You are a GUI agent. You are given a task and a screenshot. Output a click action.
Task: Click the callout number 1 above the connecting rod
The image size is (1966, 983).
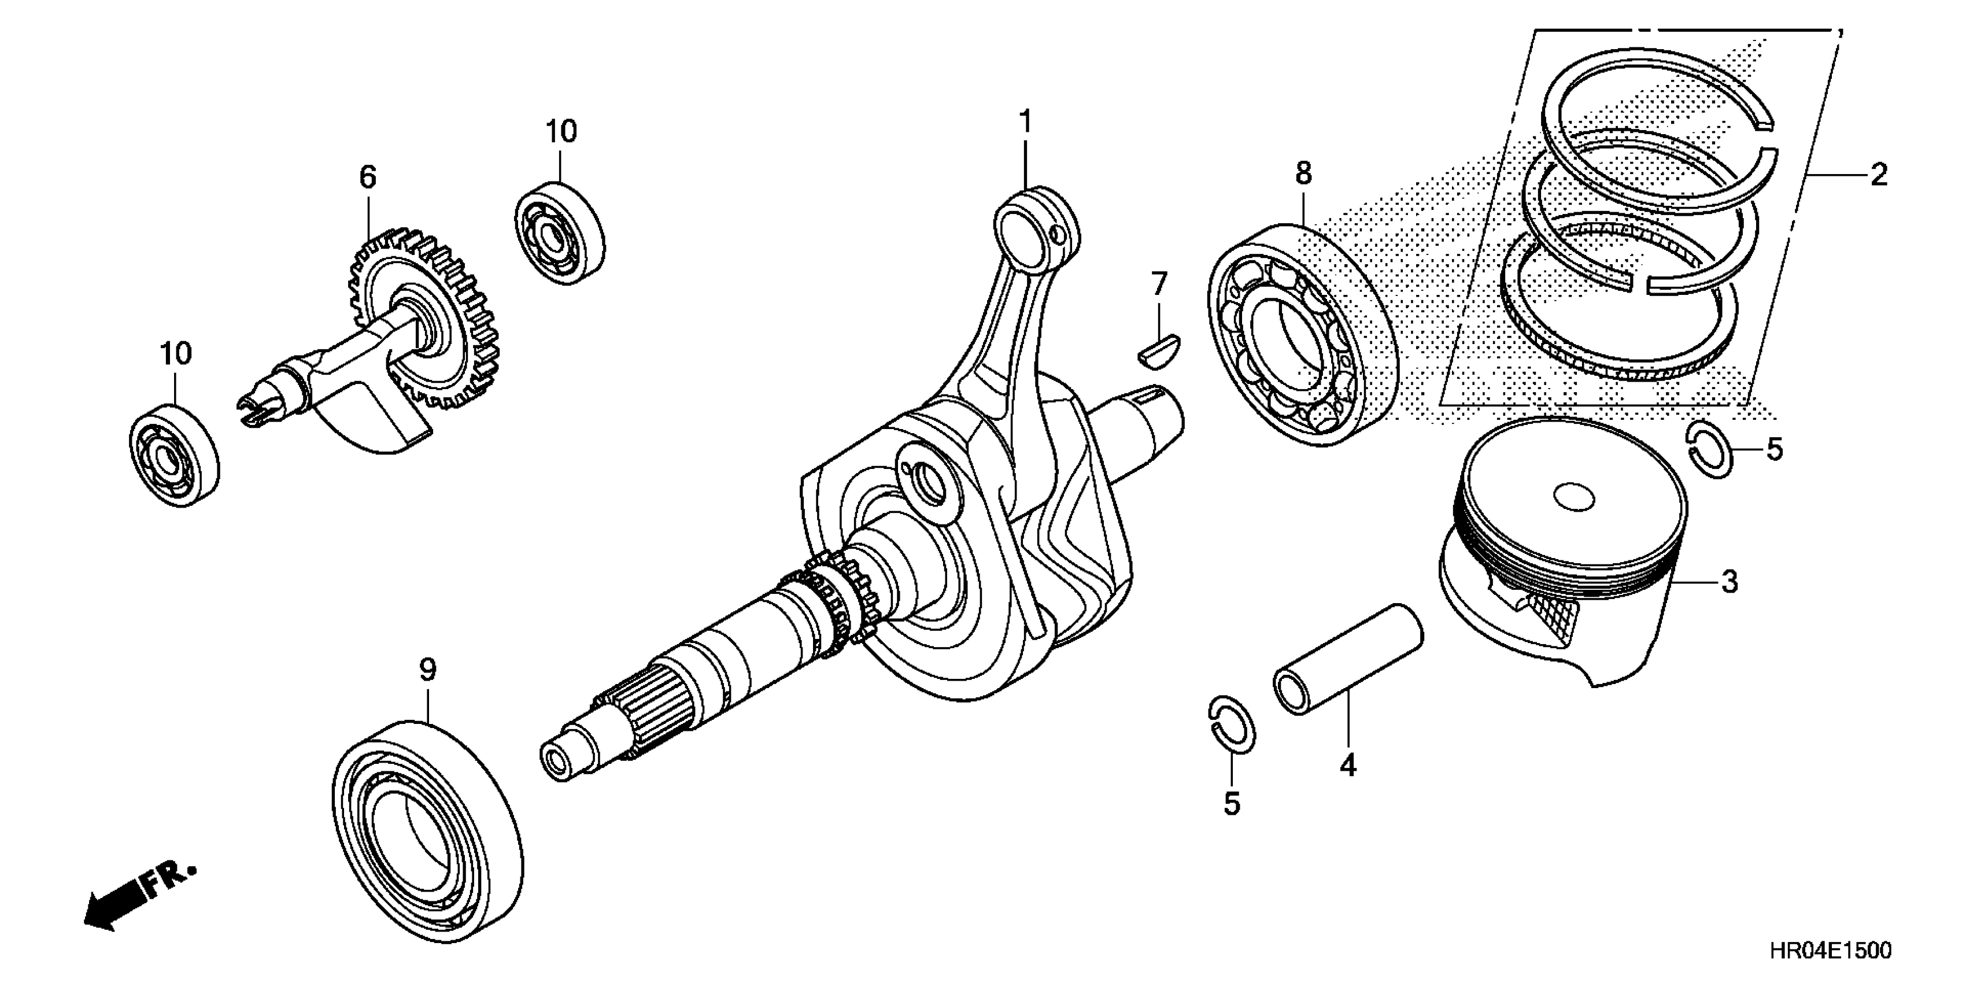(x=1025, y=122)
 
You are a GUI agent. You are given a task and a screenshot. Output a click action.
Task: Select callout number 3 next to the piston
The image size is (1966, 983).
(x=1730, y=582)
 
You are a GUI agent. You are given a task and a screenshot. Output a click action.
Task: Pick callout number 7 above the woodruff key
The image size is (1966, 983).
(x=1159, y=284)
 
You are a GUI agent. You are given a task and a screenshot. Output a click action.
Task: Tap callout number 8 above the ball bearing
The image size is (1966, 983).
(x=1303, y=173)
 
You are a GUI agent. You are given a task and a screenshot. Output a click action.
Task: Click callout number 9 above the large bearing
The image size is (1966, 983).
(x=427, y=670)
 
